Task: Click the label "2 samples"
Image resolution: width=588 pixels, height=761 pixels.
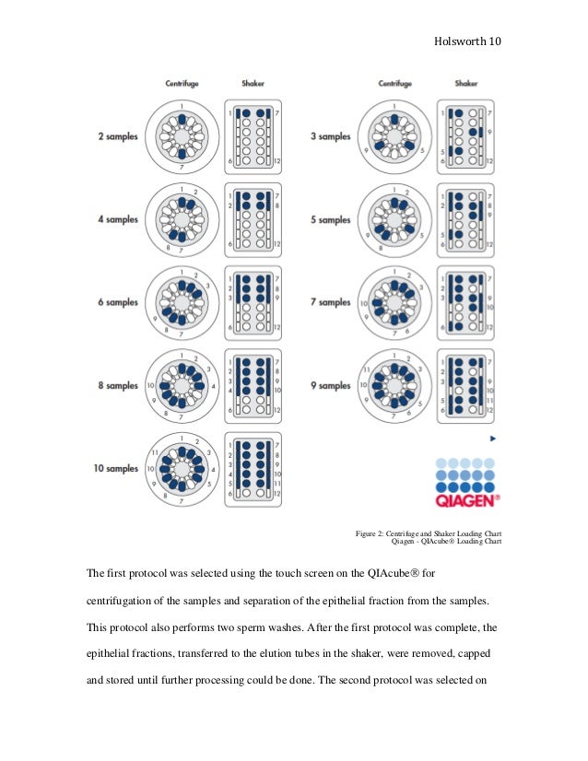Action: coord(118,136)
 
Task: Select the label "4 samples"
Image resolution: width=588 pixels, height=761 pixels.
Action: coord(118,219)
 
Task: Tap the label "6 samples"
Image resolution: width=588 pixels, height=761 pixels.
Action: coord(118,302)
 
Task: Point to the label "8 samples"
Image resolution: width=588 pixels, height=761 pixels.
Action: coord(118,386)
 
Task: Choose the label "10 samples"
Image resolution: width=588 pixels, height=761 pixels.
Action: coord(115,468)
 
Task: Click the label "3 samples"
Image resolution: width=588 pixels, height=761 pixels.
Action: coord(332,136)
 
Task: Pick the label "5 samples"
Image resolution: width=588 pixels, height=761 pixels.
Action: coord(332,219)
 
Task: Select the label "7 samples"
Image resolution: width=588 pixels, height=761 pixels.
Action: coord(332,302)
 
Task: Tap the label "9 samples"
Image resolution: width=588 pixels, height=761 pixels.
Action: coord(332,386)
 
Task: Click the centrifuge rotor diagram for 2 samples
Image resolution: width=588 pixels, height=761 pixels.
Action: coord(182,136)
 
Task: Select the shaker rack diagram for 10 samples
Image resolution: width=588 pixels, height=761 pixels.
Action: coord(253,469)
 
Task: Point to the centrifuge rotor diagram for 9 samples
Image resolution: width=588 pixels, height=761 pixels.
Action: coord(394,386)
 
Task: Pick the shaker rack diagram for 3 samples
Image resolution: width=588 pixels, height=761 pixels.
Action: coord(466,136)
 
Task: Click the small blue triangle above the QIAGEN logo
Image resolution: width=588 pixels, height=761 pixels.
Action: coord(493,439)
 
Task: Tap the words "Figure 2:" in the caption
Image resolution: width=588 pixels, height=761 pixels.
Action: coord(372,533)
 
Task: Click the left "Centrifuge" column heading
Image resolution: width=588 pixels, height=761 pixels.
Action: coord(182,84)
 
